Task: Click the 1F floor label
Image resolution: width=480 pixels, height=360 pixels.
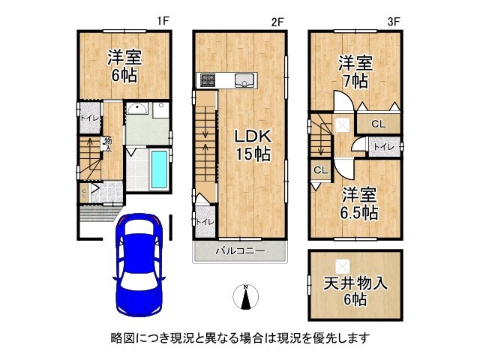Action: tap(161, 22)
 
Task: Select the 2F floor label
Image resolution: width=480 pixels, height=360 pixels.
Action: tap(277, 22)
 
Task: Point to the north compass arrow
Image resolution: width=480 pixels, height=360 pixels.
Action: tap(246, 297)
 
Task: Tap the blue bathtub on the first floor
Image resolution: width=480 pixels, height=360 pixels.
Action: tap(159, 170)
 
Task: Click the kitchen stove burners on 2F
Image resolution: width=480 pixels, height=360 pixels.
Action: tap(207, 79)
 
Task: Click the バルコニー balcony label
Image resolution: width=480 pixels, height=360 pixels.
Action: tap(240, 250)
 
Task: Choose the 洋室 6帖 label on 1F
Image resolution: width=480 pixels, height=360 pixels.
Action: tap(124, 65)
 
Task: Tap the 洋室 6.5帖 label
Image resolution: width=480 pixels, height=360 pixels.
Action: tap(356, 202)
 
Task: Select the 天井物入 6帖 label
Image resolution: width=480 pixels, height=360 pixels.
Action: tap(356, 291)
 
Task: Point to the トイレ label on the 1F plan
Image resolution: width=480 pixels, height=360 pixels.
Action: tap(88, 118)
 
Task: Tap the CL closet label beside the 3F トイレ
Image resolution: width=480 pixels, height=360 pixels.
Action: tap(377, 124)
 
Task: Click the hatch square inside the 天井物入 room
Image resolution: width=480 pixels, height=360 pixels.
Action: tap(341, 264)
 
